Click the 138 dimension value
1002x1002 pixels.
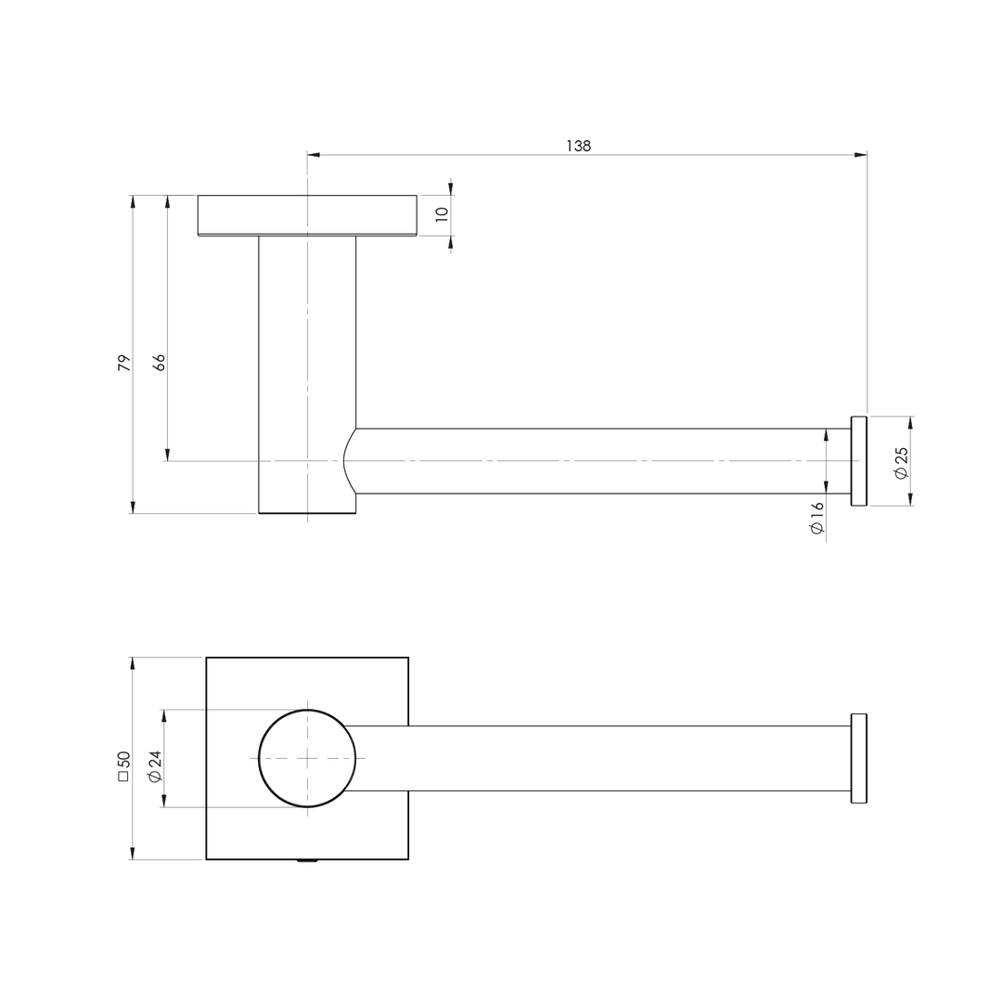click(578, 146)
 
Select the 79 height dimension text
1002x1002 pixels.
click(123, 363)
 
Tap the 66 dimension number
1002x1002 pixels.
click(159, 363)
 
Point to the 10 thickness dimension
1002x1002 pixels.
click(443, 213)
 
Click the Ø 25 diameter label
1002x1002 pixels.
click(901, 463)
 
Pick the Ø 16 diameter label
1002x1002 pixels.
click(816, 518)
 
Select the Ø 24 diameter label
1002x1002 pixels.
click(155, 765)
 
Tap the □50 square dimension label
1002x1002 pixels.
click(123, 765)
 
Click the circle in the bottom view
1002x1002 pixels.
click(306, 758)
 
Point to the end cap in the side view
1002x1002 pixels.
click(858, 461)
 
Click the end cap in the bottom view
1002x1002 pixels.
click(858, 758)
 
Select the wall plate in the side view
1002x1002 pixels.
click(307, 215)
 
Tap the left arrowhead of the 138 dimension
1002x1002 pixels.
click(314, 155)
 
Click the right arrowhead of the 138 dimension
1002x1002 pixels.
click(860, 155)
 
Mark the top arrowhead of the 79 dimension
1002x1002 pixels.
click(133, 201)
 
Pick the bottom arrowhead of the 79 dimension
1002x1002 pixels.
click(133, 507)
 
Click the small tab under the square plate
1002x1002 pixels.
click(307, 861)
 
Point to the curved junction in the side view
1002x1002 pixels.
click(349, 460)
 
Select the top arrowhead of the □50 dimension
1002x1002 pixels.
click(132, 663)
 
